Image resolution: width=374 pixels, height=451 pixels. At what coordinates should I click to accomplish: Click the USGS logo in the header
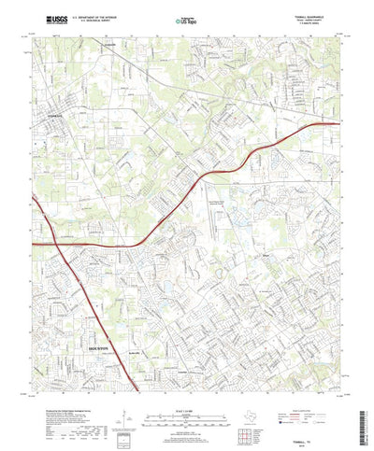click(44, 18)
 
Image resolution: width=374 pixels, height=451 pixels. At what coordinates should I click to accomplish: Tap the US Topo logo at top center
click(186, 19)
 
